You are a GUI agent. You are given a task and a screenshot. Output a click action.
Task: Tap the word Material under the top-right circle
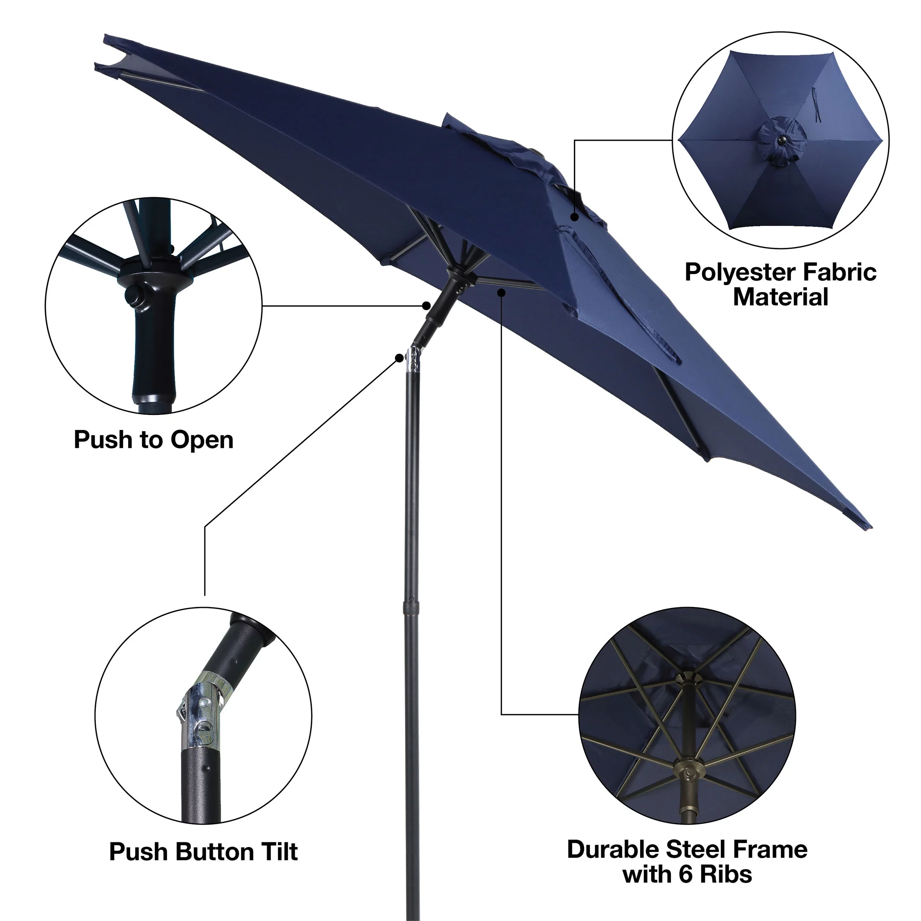coord(780,298)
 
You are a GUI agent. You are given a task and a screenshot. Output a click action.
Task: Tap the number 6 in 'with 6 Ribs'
coord(687,874)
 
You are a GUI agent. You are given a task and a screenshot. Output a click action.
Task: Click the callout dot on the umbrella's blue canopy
coord(575,217)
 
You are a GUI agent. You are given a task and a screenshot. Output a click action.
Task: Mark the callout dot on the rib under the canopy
coord(502,292)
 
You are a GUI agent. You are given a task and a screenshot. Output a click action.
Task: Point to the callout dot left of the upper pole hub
coord(427,306)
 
